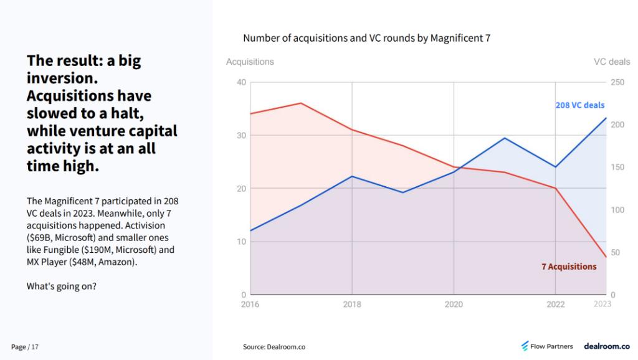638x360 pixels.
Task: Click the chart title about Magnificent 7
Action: (366, 38)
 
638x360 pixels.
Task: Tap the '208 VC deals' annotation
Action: (579, 105)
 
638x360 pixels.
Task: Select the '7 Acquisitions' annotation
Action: (568, 267)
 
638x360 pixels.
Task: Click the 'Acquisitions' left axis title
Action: (249, 62)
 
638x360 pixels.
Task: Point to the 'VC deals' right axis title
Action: (611, 62)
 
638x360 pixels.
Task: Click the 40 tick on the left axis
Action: (241, 82)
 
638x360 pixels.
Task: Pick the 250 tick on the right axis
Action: (617, 82)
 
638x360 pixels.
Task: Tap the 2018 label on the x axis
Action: (352, 305)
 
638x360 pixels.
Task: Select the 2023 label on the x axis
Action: (602, 304)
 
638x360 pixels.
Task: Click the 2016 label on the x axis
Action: (250, 305)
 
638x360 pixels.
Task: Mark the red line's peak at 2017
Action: (301, 103)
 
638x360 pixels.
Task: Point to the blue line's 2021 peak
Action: (505, 138)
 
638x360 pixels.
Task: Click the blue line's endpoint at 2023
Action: (606, 118)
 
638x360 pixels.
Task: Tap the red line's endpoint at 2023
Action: (606, 257)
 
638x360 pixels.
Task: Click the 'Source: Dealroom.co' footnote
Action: (274, 346)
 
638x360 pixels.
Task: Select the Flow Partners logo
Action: (546, 346)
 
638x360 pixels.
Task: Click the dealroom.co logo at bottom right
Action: (606, 346)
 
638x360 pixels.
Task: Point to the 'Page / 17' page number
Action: (25, 346)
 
